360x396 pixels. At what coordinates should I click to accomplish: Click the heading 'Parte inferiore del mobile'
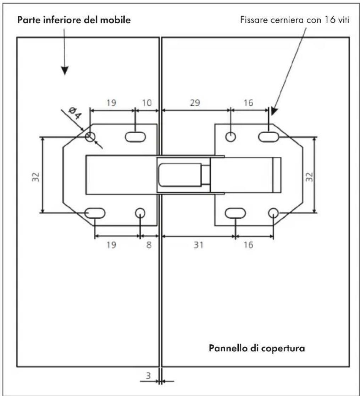click(74, 20)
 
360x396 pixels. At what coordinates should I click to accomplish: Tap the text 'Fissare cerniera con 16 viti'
click(295, 20)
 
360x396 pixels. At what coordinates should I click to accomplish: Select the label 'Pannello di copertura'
click(257, 348)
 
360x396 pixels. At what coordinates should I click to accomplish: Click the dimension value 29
click(195, 103)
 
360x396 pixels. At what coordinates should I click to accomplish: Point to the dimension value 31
click(198, 245)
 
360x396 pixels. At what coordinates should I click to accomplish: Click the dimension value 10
click(146, 103)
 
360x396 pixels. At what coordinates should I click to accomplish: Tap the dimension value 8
click(149, 245)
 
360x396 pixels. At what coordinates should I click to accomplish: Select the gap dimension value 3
click(148, 375)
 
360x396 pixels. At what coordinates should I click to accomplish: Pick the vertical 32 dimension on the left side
click(35, 177)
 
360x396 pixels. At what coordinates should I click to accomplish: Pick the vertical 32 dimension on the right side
click(309, 177)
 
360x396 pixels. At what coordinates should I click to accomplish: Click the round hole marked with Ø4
click(90, 137)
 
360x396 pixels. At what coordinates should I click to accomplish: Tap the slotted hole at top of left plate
click(135, 137)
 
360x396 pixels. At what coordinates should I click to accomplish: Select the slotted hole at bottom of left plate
click(95, 213)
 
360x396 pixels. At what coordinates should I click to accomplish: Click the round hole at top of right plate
click(231, 137)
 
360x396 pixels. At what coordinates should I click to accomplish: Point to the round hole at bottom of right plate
click(273, 213)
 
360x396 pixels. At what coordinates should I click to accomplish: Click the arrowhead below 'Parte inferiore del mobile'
click(65, 71)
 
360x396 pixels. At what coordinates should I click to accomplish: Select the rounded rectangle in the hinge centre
click(180, 175)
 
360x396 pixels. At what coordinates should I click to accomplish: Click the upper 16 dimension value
click(248, 103)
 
